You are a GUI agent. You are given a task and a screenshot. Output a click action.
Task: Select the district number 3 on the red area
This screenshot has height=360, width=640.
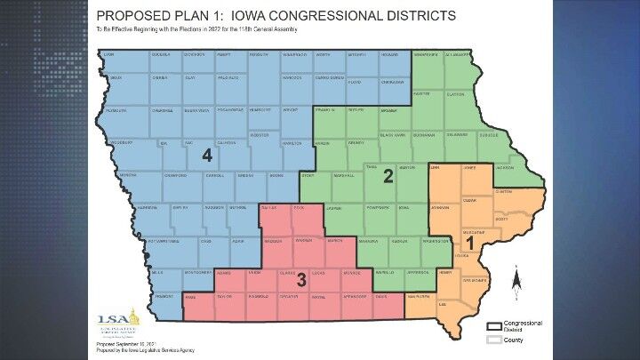coord(301,280)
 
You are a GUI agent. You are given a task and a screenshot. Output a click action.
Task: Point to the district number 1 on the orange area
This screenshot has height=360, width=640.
coord(470,241)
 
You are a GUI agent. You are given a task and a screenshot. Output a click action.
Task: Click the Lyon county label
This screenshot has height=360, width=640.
coord(109,55)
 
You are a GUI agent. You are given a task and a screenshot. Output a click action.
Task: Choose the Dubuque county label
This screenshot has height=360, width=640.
coord(513,135)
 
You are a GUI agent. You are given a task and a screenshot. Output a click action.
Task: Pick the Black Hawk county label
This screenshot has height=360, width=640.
coord(391,135)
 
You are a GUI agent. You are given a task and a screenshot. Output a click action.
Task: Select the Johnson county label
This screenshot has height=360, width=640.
coord(438,210)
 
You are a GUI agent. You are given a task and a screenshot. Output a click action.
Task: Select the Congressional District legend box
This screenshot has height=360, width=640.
coord(493,325)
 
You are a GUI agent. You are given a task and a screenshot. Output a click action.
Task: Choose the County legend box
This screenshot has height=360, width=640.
coord(493,339)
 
